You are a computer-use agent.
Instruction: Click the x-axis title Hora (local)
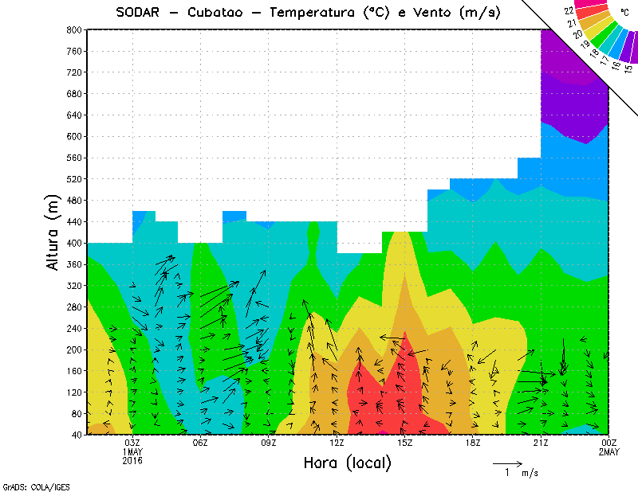tap(347, 463)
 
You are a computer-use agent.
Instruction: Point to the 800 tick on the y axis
tap(74, 29)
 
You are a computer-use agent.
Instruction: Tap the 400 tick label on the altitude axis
tap(74, 243)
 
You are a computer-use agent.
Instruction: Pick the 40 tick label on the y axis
tap(77, 435)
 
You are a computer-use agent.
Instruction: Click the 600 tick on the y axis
tap(74, 136)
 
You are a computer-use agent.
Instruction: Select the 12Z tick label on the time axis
tap(337, 443)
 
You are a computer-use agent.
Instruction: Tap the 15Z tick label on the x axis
tap(404, 443)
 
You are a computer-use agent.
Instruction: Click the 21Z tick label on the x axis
tap(541, 443)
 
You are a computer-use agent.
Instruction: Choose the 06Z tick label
tap(200, 443)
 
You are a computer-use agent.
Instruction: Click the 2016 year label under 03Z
tap(132, 460)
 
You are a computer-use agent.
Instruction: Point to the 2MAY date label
tap(609, 452)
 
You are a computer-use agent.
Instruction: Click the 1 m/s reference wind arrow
tap(507, 463)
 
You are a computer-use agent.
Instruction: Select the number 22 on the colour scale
tap(569, 11)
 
